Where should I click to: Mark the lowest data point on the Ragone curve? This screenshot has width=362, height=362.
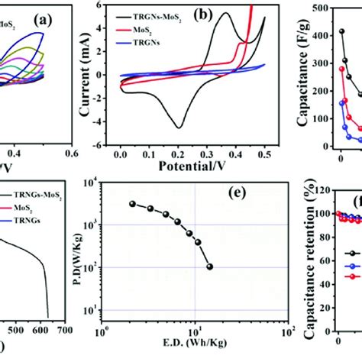pyautogui.click(x=209, y=288)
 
